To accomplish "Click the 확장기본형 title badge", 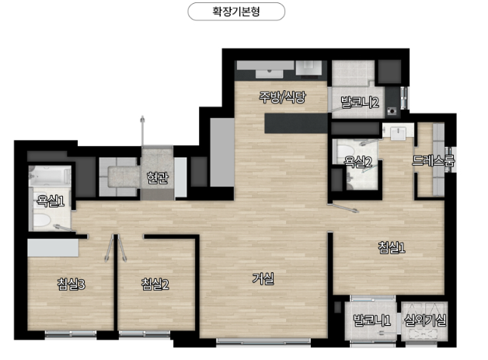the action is click(x=236, y=12).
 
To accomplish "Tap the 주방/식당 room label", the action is click(x=283, y=97).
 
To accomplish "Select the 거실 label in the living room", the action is click(x=263, y=278).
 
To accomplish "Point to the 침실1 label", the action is click(x=392, y=247).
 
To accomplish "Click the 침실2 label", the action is click(x=155, y=285).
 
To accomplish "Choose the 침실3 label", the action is click(x=71, y=285).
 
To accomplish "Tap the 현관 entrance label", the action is click(x=158, y=178).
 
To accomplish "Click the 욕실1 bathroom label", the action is click(x=51, y=201).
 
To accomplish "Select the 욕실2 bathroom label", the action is click(x=358, y=162).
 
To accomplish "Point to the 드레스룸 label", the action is click(x=434, y=160).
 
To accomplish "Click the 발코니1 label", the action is click(x=371, y=320).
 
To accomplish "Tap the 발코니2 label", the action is click(x=360, y=102).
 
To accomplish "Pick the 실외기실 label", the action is click(x=425, y=320).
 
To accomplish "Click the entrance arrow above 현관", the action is click(x=142, y=131).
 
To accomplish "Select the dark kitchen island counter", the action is click(x=296, y=124).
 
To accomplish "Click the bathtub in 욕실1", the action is click(x=50, y=176).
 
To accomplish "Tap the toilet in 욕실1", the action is click(x=42, y=220).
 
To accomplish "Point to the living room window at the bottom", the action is click(x=263, y=341).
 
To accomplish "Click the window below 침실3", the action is click(x=71, y=334).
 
